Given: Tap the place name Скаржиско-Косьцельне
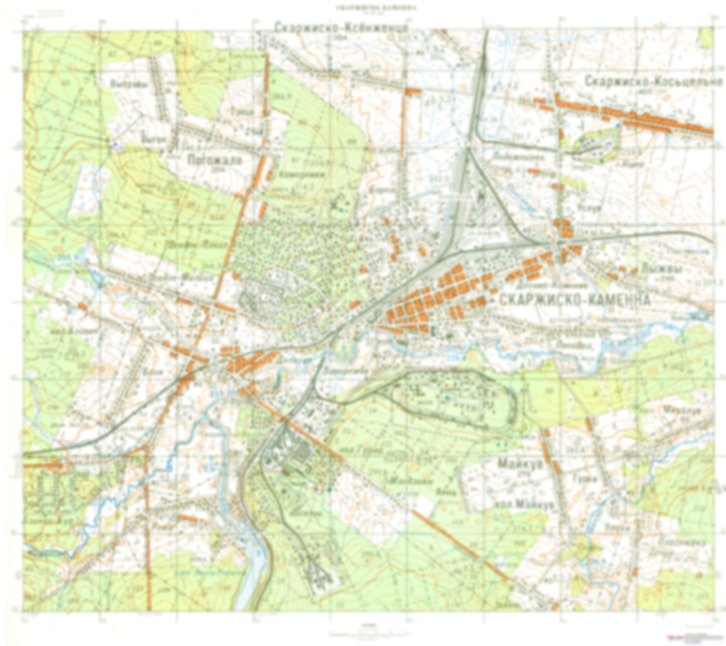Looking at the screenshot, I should [653, 81].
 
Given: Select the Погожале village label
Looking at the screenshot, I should [215, 160].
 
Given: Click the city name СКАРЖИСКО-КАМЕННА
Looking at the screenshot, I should [575, 300].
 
